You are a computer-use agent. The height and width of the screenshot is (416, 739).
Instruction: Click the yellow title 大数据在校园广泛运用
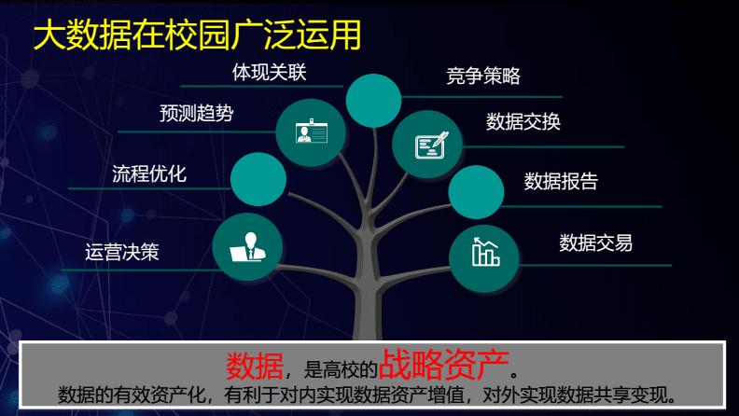pyautogui.click(x=197, y=35)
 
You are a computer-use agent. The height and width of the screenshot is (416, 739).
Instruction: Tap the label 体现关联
pyautogui.click(x=269, y=73)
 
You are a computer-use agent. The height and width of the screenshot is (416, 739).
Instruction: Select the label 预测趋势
pyautogui.click(x=197, y=114)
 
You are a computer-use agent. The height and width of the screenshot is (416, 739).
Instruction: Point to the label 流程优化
pyautogui.click(x=149, y=173)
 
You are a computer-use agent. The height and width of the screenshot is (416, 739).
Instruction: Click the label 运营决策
pyautogui.click(x=122, y=252)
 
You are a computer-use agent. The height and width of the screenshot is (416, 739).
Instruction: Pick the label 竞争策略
pyautogui.click(x=483, y=76)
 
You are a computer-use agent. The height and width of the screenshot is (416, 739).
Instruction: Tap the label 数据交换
pyautogui.click(x=523, y=121)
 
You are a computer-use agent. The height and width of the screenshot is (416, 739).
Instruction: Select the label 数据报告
pyautogui.click(x=561, y=181)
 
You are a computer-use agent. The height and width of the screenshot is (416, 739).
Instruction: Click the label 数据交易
pyautogui.click(x=595, y=243)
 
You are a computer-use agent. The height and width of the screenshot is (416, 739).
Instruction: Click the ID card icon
pyautogui.click(x=311, y=132)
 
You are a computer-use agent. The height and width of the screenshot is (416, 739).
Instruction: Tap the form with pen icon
pyautogui.click(x=431, y=145)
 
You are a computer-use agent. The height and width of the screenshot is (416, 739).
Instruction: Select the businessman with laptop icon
pyautogui.click(x=248, y=247)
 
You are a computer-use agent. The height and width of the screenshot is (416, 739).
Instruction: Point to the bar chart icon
pyautogui.click(x=485, y=252)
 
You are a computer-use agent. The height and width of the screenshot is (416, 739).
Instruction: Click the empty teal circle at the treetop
pyautogui.click(x=373, y=101)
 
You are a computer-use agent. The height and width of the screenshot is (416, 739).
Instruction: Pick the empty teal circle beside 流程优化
pyautogui.click(x=258, y=179)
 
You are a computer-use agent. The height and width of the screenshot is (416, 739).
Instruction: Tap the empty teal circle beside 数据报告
pyautogui.click(x=476, y=192)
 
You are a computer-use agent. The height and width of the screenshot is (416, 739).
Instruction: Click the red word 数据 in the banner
pyautogui.click(x=255, y=366)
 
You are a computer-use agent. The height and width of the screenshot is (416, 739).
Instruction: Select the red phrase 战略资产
pyautogui.click(x=443, y=364)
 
